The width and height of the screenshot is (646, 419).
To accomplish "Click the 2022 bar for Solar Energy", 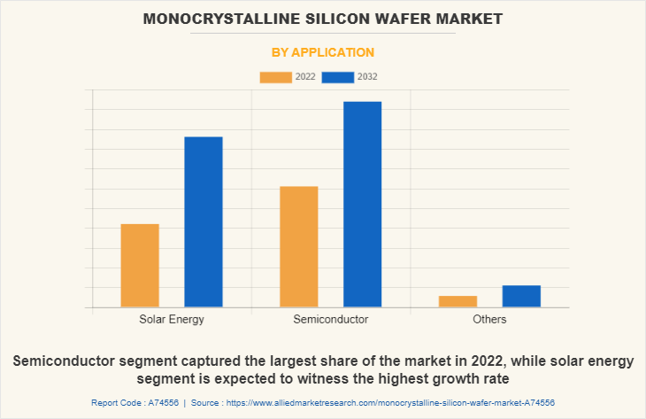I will point(140,266).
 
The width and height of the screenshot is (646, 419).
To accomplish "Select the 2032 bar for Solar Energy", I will point(204,221).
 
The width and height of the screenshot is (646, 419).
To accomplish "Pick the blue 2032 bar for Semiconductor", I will point(363,204).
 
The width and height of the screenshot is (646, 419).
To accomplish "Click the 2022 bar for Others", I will point(458,301).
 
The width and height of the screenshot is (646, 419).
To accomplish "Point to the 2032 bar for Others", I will point(521,296).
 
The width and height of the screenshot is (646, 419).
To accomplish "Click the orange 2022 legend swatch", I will point(274,77).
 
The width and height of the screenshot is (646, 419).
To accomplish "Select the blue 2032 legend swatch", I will point(338,77).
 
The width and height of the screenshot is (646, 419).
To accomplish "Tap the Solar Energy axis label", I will point(172,319).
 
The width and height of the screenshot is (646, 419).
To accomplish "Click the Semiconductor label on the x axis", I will point(330,319).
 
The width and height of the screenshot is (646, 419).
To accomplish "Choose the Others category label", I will point(489,319).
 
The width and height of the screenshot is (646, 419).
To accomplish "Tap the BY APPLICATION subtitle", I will point(322,52).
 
